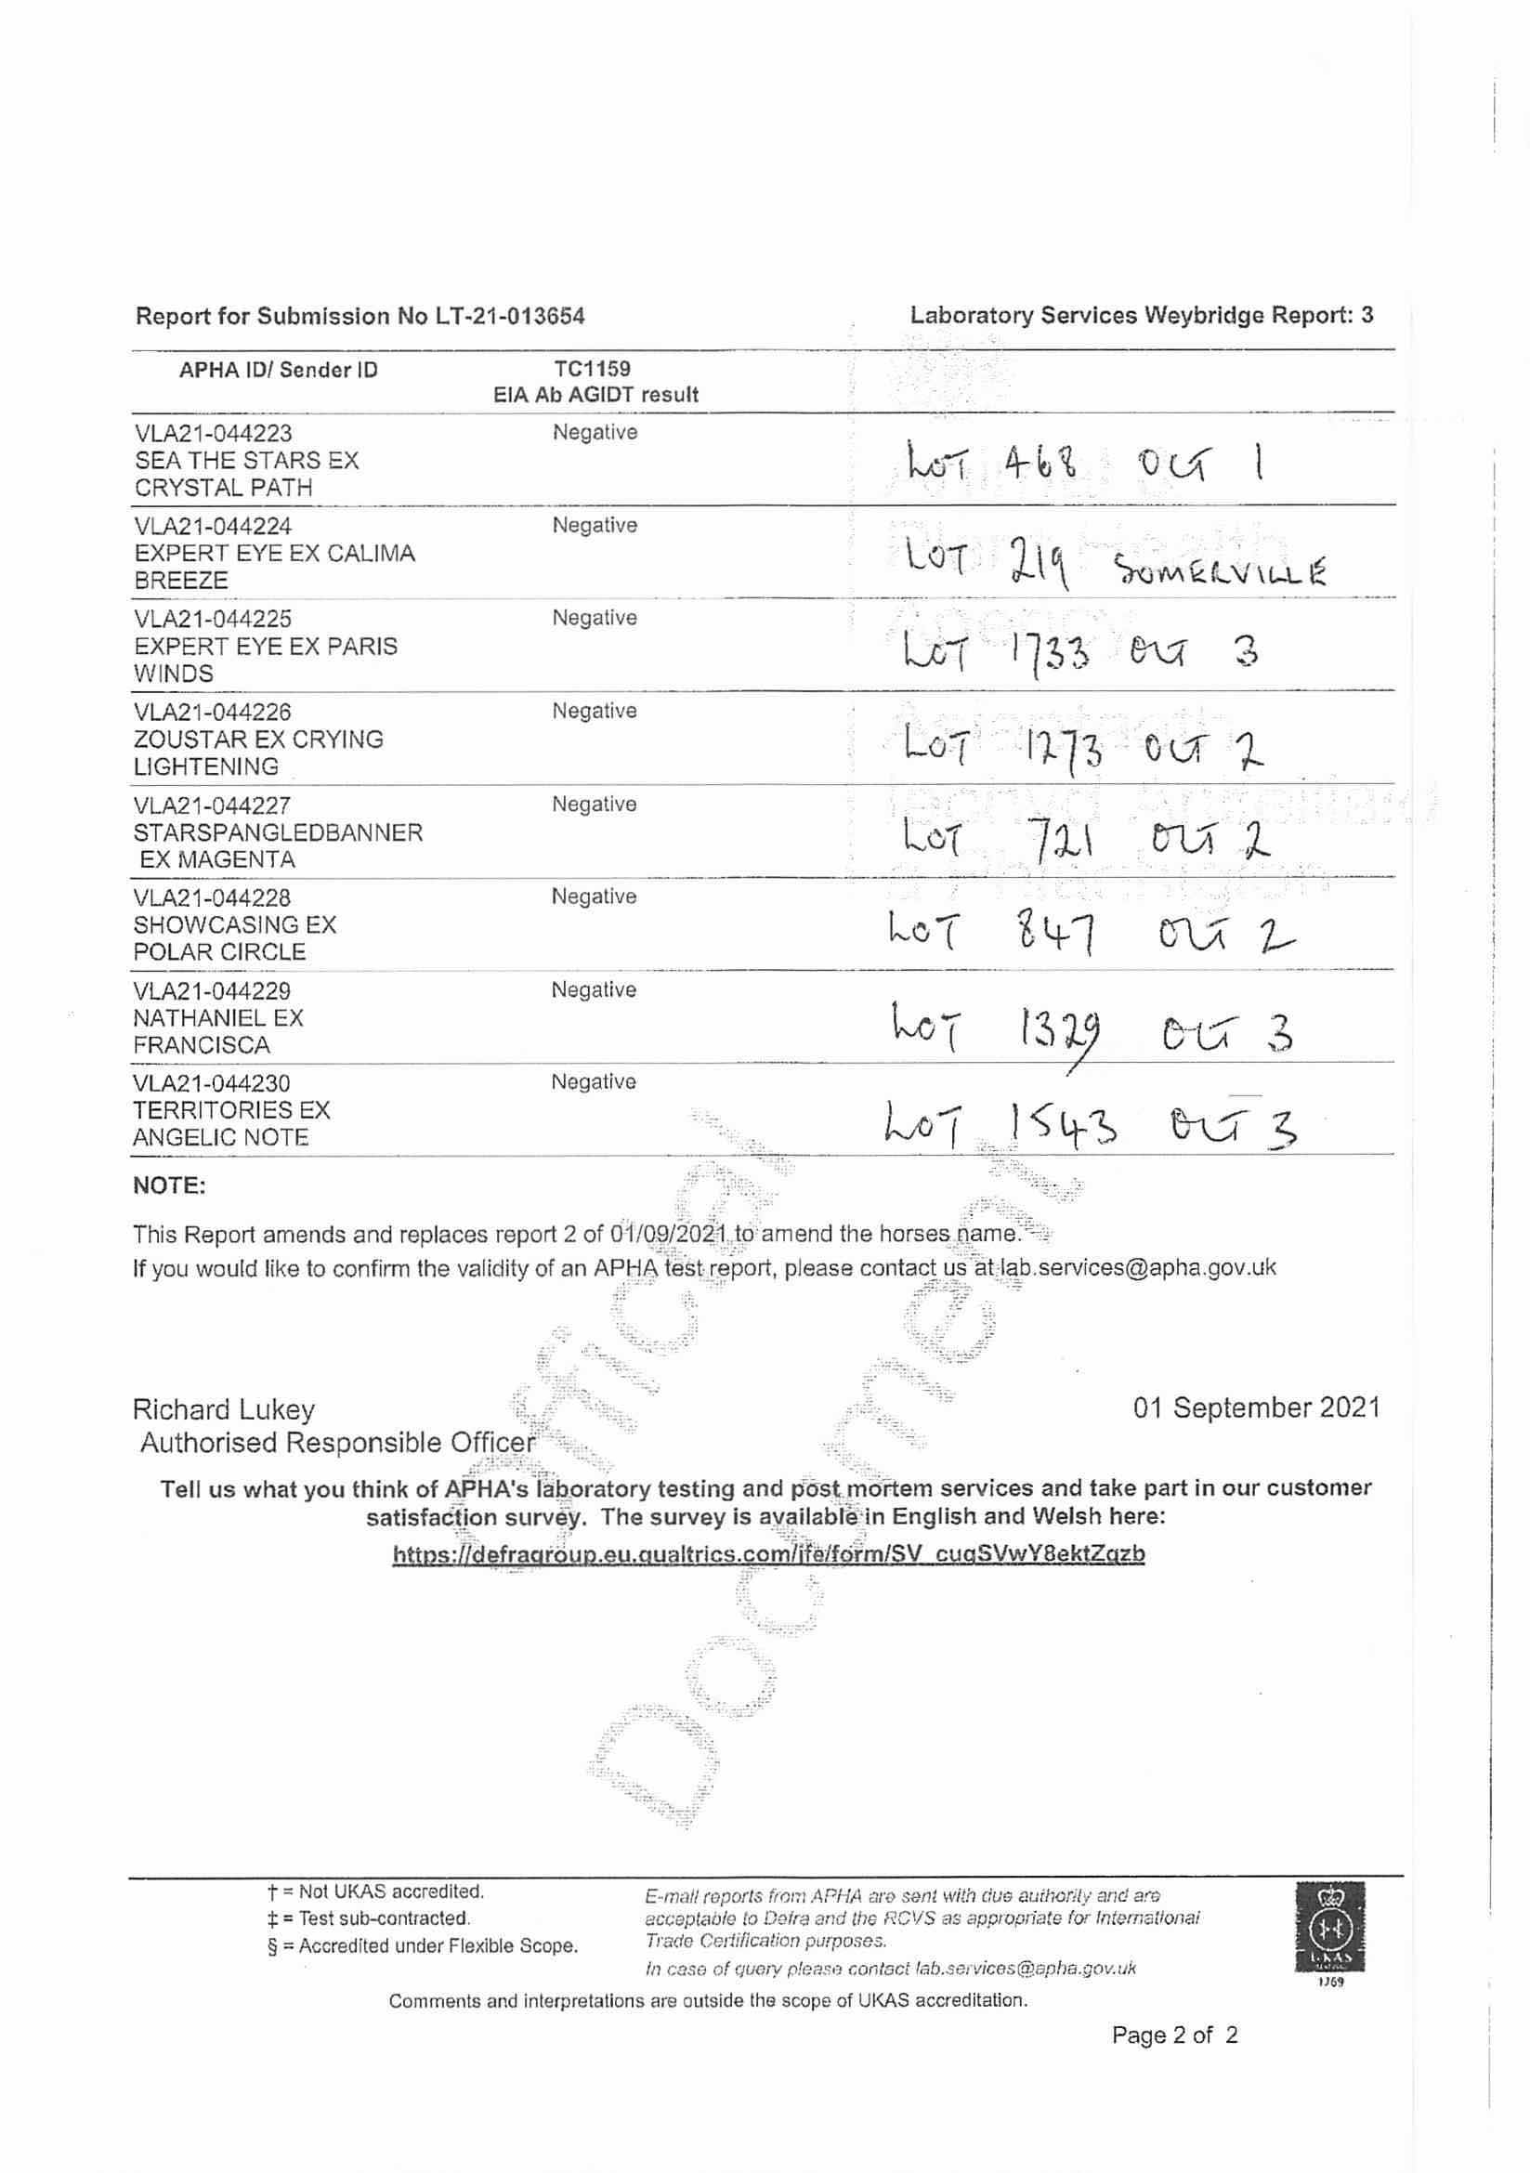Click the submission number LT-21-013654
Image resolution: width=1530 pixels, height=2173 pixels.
tap(510, 316)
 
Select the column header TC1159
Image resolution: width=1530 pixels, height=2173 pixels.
tap(593, 368)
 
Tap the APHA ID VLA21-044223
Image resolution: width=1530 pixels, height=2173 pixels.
tap(213, 434)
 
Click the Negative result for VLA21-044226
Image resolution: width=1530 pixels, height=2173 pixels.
tap(595, 711)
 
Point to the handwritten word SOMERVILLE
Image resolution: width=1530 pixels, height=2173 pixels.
tap(1220, 571)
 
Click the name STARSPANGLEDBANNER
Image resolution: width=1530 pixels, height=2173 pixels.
tap(277, 832)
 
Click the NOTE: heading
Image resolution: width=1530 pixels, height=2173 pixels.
tap(169, 1185)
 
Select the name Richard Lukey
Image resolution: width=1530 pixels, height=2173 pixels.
tap(223, 1410)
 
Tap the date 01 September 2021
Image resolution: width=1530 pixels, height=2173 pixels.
tap(1256, 1408)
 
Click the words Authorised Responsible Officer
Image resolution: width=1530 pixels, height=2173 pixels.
tap(337, 1444)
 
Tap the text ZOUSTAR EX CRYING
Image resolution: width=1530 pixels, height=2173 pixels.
tap(258, 740)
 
